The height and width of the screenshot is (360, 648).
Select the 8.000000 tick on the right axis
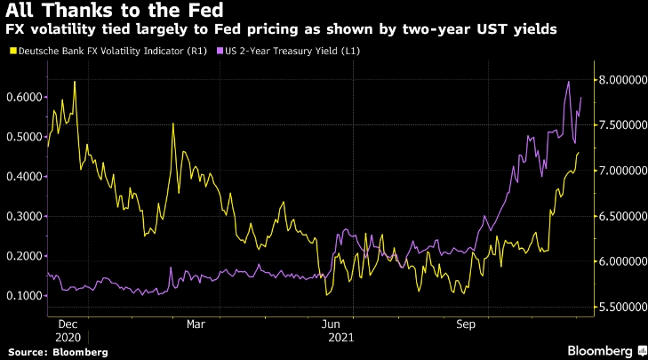[x=620, y=80]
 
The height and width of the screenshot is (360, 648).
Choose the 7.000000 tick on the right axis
[x=620, y=171]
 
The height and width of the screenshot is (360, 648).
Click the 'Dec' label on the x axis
[x=68, y=325]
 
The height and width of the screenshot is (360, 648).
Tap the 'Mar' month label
[x=196, y=325]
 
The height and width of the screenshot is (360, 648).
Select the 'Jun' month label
[x=332, y=325]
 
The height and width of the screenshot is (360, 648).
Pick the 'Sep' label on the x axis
[x=464, y=325]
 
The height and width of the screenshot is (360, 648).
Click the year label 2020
[x=68, y=338]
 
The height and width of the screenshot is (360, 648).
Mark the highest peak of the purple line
[x=569, y=82]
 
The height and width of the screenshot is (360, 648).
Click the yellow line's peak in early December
[x=75, y=82]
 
